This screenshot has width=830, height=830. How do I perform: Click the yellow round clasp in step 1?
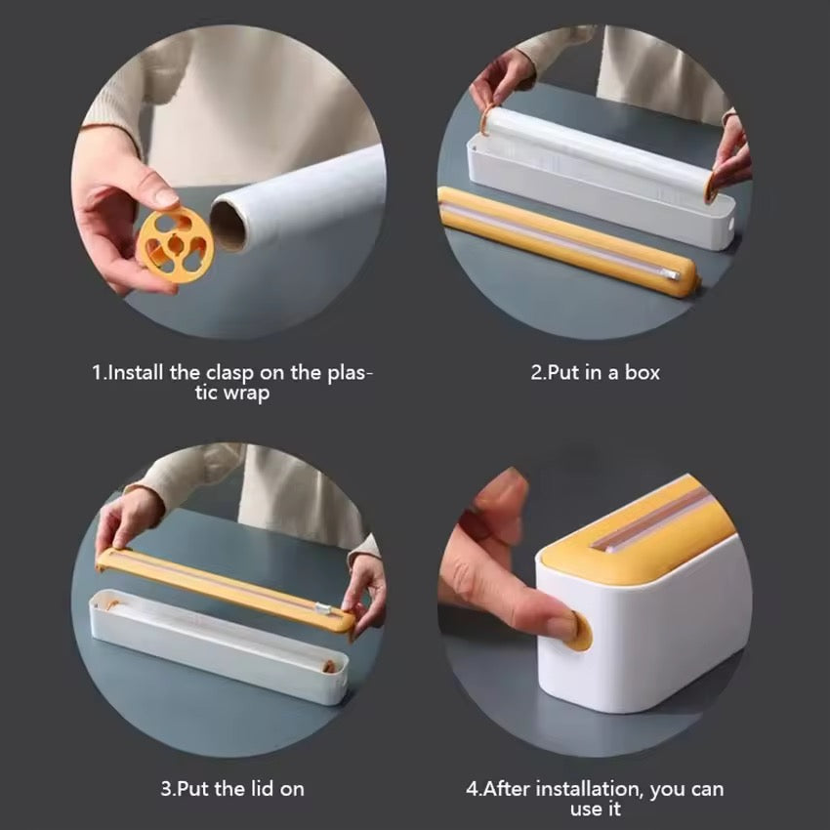coord(175,239)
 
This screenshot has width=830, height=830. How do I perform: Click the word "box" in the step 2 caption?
coord(643,372)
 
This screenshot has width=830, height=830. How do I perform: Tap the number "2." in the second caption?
coord(538,372)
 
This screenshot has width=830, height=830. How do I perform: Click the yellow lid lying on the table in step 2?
coord(566,239)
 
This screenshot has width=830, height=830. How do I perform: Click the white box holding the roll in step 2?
coord(605,200)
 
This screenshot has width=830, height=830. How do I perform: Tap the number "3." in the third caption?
coord(167,788)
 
